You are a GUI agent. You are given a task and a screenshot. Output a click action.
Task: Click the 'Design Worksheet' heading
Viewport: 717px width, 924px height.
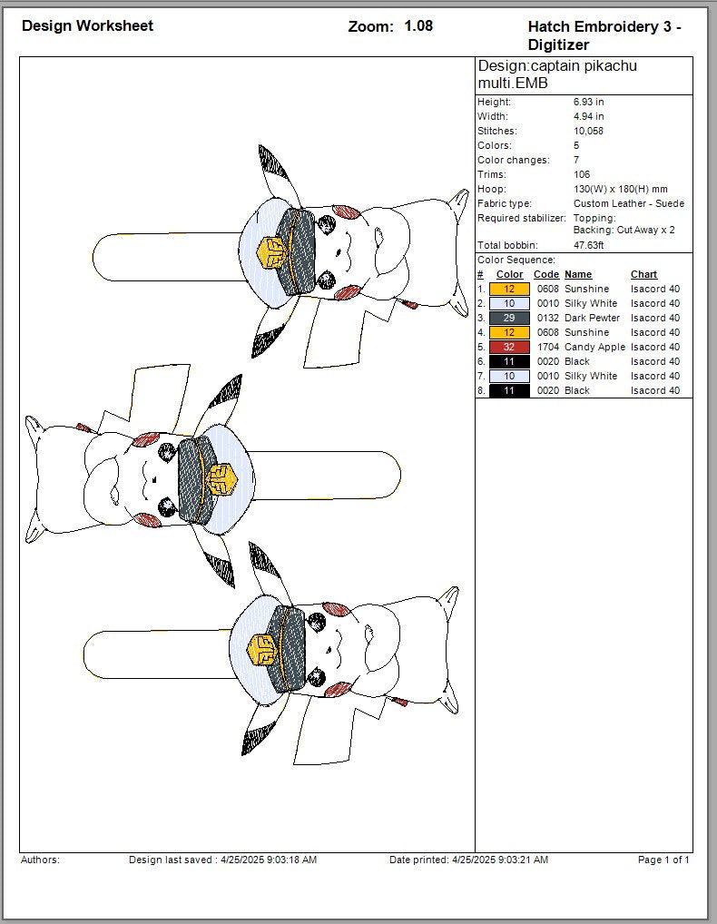[x=87, y=26]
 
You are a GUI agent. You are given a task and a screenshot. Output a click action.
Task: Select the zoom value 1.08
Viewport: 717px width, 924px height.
[x=418, y=26]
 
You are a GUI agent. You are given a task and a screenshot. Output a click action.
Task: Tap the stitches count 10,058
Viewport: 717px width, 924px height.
[x=588, y=131]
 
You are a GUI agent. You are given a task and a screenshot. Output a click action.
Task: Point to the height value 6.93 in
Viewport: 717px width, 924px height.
[x=588, y=102]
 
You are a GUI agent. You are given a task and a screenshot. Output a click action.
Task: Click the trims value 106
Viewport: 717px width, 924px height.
[x=582, y=174]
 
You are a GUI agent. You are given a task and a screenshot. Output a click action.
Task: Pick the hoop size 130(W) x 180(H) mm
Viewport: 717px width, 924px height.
[x=621, y=189]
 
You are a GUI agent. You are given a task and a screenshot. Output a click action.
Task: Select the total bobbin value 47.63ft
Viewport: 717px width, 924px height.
[x=588, y=245]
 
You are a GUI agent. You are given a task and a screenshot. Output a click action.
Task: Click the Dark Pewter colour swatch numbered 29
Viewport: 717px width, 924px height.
[x=509, y=318]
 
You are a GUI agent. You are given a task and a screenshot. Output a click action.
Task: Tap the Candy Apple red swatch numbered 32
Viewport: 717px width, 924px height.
[x=509, y=347]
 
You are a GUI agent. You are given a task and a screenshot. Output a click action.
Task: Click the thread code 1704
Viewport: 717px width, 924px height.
[x=548, y=347]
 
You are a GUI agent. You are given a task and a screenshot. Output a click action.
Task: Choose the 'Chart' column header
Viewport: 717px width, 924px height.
[x=644, y=275]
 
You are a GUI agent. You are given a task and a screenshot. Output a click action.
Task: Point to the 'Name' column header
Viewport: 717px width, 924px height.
[x=578, y=275]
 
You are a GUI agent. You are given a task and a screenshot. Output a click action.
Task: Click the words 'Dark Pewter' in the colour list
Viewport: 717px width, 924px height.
[x=592, y=318]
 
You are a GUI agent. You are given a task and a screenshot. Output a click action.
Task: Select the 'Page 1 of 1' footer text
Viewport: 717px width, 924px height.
[x=663, y=860]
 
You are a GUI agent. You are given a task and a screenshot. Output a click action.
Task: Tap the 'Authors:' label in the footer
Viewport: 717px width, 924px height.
[x=40, y=860]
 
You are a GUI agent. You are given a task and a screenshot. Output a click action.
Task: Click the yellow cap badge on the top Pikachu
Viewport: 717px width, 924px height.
[x=272, y=253]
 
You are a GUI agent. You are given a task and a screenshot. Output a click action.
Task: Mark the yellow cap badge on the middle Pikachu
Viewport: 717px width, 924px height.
[x=221, y=480]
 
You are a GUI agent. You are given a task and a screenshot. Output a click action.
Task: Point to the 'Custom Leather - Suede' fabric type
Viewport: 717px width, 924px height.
[x=629, y=204]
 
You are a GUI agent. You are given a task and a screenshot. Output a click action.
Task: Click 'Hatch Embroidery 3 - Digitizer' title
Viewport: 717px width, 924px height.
[x=604, y=35]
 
